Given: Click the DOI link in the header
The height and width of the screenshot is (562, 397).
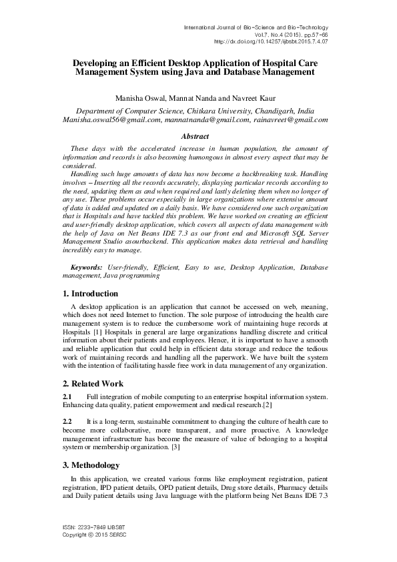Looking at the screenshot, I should (271, 41).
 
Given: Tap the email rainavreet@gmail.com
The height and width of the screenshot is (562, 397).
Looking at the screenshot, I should (290, 120).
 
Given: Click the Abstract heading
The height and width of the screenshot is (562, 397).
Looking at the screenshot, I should (197, 136).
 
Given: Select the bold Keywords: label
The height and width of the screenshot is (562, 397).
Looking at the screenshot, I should (86, 267).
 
